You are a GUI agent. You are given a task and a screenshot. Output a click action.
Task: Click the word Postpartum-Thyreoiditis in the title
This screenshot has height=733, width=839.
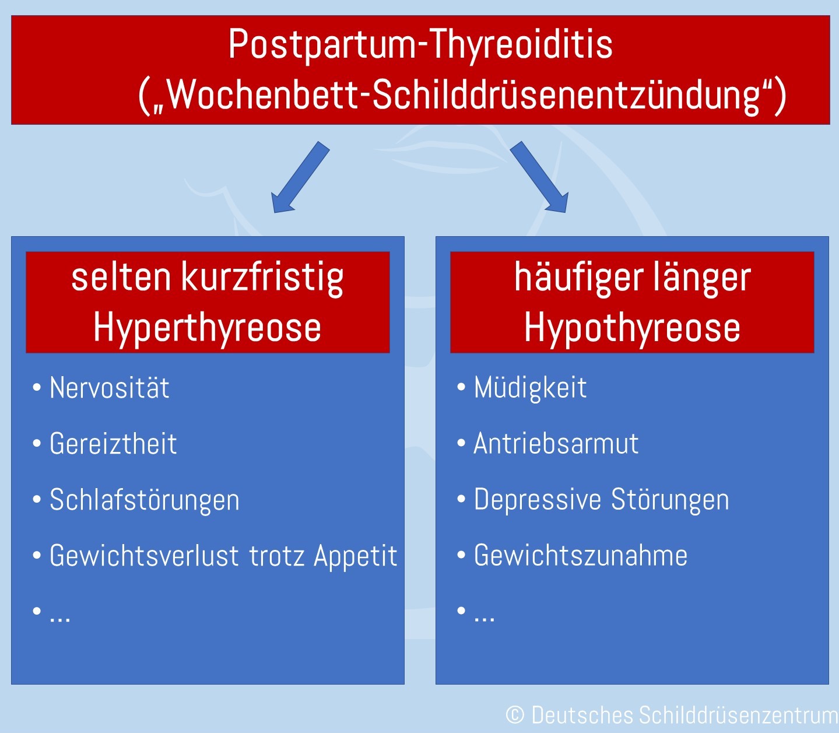point(420,44)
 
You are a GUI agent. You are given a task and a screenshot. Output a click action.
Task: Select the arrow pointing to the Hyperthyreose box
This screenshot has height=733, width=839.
point(300,177)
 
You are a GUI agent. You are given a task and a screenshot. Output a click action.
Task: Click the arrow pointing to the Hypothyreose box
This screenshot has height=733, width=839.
point(539,177)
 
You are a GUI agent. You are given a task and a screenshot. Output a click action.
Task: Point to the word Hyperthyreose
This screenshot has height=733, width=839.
point(207,327)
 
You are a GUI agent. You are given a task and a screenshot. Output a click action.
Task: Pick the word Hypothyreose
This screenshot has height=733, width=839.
point(632,327)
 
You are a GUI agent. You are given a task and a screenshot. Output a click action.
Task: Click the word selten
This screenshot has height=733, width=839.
point(121,277)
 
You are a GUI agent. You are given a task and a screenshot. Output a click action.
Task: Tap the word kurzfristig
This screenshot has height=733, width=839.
point(263,278)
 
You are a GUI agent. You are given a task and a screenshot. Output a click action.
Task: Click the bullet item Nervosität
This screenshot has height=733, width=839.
point(110,388)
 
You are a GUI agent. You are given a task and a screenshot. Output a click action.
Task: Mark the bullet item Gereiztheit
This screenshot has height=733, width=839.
point(113,444)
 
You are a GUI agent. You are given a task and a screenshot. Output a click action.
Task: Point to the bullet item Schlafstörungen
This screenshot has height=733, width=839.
point(145,500)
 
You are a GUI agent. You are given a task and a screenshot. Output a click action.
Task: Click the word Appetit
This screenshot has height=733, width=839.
point(356,556)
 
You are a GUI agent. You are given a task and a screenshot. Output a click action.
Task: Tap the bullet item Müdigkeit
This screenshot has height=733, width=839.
point(530,388)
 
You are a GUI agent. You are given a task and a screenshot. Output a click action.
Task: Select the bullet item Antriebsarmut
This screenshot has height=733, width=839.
point(556,444)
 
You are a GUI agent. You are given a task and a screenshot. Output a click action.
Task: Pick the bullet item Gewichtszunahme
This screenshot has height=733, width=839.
point(581,556)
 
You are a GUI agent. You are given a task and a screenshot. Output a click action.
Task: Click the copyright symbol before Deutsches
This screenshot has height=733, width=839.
point(515,715)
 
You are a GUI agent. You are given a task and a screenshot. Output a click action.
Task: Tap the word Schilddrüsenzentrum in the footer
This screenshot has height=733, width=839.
point(738,716)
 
